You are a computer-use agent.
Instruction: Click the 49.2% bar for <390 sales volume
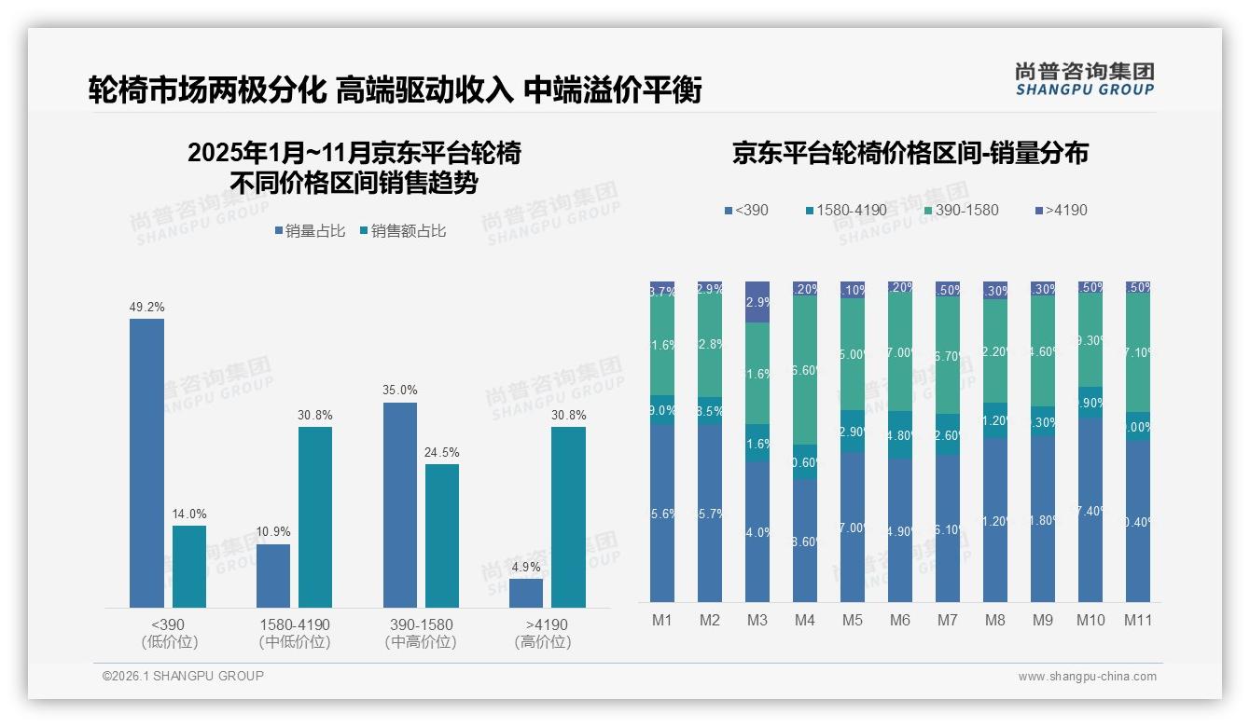click(146, 463)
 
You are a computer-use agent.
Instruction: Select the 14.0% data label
click(189, 514)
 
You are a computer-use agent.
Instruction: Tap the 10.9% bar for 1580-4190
click(273, 576)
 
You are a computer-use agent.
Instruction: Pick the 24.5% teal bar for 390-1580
click(442, 536)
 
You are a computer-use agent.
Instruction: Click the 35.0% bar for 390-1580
click(400, 505)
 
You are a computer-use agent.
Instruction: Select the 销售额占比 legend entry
click(402, 231)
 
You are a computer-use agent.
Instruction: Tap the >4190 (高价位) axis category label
click(542, 633)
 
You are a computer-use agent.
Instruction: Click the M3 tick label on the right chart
click(757, 620)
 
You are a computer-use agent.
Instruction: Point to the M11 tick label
click(1137, 620)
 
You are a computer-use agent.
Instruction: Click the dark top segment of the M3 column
click(757, 301)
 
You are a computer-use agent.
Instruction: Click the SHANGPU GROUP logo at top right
click(1084, 79)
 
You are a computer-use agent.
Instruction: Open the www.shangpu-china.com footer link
click(1087, 677)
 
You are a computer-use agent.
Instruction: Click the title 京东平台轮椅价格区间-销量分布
click(910, 154)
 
